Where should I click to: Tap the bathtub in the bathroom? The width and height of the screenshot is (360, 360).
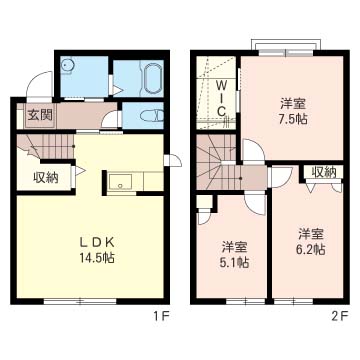point(153,78)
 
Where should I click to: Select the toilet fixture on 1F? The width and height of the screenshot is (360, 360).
point(152,116)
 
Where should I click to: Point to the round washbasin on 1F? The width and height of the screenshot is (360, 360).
point(68,65)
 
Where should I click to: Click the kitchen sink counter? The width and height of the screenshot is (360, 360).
point(120,182)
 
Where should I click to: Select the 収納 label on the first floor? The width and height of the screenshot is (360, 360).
point(46,178)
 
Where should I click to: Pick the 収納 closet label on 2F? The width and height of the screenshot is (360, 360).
point(323,172)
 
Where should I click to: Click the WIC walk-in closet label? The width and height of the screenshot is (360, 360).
point(221,98)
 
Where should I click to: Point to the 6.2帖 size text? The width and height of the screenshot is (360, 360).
point(311,249)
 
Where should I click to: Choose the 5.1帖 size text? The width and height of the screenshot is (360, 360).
point(235,262)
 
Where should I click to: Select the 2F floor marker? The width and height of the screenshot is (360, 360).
point(340,315)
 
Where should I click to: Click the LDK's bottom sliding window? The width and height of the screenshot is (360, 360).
point(80,301)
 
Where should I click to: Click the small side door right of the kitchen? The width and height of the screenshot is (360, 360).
point(173,160)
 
